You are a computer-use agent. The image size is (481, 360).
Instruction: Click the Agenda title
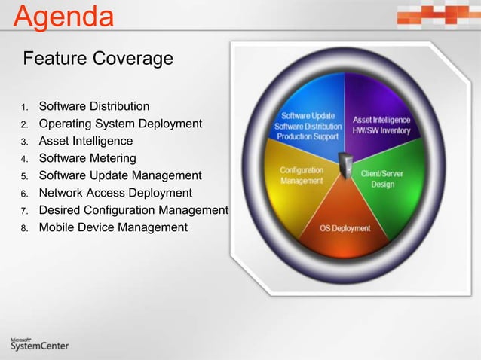65,17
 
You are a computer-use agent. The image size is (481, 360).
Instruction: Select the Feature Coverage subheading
99,58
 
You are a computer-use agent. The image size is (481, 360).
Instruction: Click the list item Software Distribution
94,106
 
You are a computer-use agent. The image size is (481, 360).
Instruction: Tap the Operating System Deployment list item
121,124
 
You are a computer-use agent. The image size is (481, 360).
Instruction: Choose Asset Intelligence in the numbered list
86,141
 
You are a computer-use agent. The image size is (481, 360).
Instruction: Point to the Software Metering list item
87,158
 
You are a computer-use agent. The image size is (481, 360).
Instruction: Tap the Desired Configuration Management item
133,210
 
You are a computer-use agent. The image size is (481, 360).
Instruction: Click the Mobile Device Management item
113,227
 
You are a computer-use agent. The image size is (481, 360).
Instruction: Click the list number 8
24,228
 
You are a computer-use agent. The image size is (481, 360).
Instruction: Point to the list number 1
24,107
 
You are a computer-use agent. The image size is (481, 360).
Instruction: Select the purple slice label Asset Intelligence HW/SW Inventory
381,125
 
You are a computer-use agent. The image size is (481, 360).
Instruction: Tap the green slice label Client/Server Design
382,178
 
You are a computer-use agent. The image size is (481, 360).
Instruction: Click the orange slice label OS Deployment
345,228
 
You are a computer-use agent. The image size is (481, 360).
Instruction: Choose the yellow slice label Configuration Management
302,175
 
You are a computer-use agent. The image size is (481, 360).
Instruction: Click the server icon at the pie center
347,165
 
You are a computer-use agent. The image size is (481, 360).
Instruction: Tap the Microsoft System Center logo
39,343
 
